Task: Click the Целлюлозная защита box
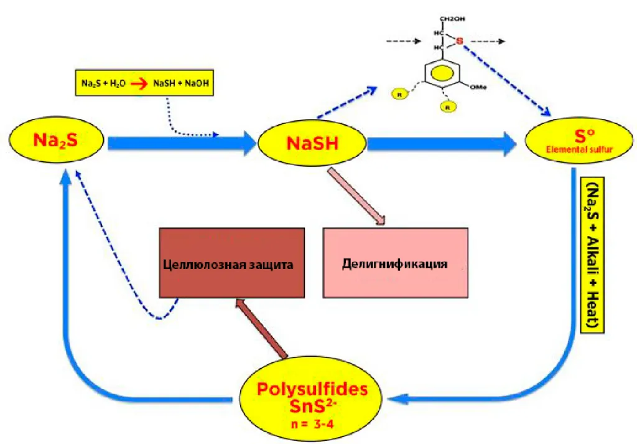coord(231,262)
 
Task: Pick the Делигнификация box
coord(395,262)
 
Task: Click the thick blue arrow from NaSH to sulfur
coord(442,144)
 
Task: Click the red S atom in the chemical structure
coord(459,42)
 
